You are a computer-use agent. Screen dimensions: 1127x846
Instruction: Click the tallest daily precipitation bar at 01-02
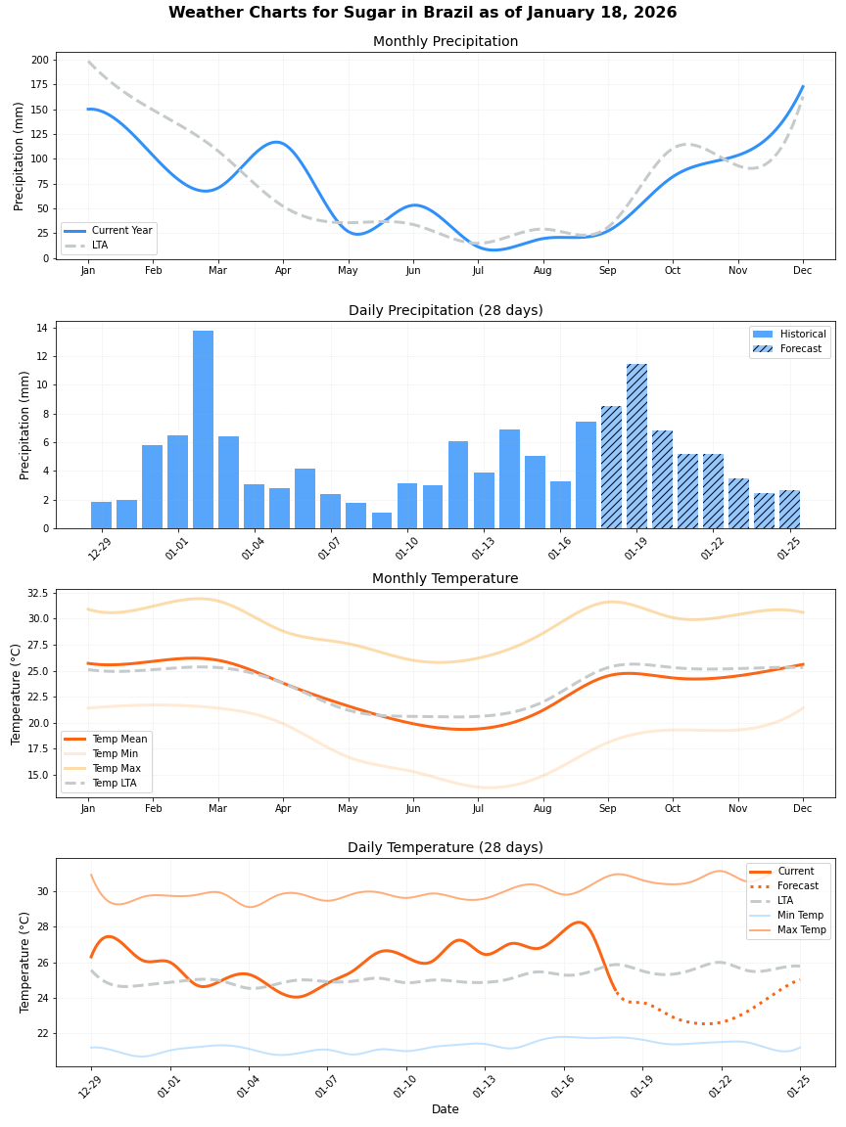click(x=203, y=430)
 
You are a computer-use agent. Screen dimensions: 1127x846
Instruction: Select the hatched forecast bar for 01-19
click(x=636, y=446)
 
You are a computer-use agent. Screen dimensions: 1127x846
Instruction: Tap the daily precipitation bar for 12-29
click(x=101, y=515)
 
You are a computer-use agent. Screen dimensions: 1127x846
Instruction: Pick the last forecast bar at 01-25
click(x=789, y=509)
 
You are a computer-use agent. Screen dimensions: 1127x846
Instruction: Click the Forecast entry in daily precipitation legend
click(x=800, y=348)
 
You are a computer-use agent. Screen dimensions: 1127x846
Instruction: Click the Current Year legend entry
click(x=121, y=231)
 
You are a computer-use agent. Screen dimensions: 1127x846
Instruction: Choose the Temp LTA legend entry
click(x=113, y=783)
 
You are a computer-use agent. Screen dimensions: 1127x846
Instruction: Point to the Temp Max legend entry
click(x=115, y=768)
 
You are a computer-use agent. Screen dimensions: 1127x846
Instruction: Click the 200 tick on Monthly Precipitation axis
click(x=39, y=60)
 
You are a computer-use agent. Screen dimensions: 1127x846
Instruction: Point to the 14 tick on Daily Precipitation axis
click(x=42, y=328)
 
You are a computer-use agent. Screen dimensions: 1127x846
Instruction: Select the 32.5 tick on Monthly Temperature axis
click(x=35, y=593)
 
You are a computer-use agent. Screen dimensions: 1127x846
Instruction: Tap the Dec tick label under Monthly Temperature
click(x=802, y=809)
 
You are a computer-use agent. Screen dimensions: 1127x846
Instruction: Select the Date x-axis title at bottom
click(x=445, y=1109)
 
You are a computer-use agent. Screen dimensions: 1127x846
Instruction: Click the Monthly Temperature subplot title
click(x=445, y=578)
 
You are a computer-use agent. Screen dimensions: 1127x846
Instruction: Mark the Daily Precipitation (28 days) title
click(x=445, y=310)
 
